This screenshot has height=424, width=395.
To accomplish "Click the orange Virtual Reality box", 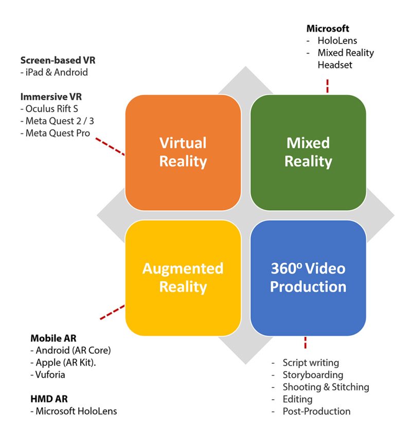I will point(183,152).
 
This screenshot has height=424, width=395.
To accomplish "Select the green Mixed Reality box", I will point(308,152).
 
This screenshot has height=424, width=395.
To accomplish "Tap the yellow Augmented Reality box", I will point(183,278).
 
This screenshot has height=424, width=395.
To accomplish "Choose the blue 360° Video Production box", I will point(308,278).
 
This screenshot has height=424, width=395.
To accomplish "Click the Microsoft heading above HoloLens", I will point(328,28).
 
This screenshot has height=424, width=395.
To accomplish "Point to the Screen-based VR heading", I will point(58,60).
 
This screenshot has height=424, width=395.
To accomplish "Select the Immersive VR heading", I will point(51,96).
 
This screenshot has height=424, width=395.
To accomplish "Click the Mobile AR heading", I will point(53,338).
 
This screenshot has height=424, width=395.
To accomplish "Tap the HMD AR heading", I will point(49,399).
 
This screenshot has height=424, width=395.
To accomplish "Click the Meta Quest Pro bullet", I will point(58,133).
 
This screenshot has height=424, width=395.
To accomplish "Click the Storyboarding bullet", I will point(313,375).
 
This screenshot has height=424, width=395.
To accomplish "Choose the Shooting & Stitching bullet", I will point(326,387).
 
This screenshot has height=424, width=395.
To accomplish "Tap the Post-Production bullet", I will point(316,411).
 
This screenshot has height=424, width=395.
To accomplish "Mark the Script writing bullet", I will point(311,363).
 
